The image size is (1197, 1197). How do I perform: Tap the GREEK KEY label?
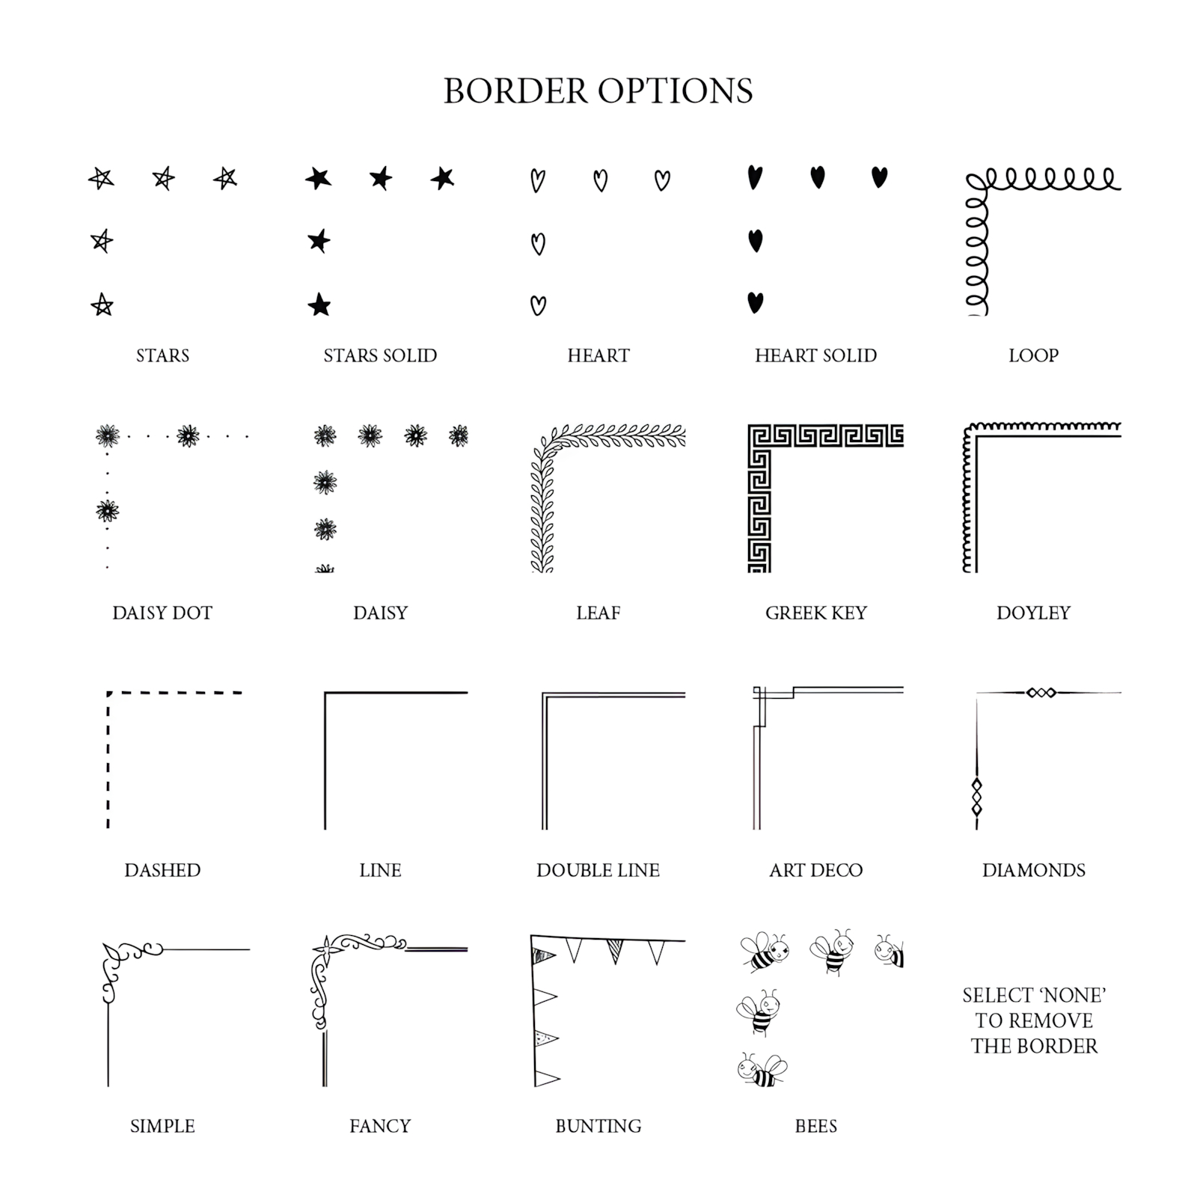(815, 613)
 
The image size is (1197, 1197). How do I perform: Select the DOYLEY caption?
(1033, 613)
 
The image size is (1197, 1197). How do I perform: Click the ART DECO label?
(815, 870)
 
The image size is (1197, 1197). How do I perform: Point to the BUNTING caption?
(598, 1126)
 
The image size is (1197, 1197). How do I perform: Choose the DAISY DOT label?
(162, 613)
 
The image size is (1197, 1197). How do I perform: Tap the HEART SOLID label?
(815, 355)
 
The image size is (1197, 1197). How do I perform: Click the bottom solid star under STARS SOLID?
(319, 304)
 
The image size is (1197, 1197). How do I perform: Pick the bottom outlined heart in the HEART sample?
(538, 305)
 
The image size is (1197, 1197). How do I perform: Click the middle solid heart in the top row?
(818, 177)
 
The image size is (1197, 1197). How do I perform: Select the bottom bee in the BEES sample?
(762, 1070)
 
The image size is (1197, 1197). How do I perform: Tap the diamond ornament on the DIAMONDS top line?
(1041, 693)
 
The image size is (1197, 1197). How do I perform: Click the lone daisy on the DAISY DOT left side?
(108, 511)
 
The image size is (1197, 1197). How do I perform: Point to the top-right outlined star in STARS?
(225, 178)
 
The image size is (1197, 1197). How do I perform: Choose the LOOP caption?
(1033, 355)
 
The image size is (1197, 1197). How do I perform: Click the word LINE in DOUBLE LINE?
(638, 870)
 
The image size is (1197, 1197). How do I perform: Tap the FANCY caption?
(380, 1126)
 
